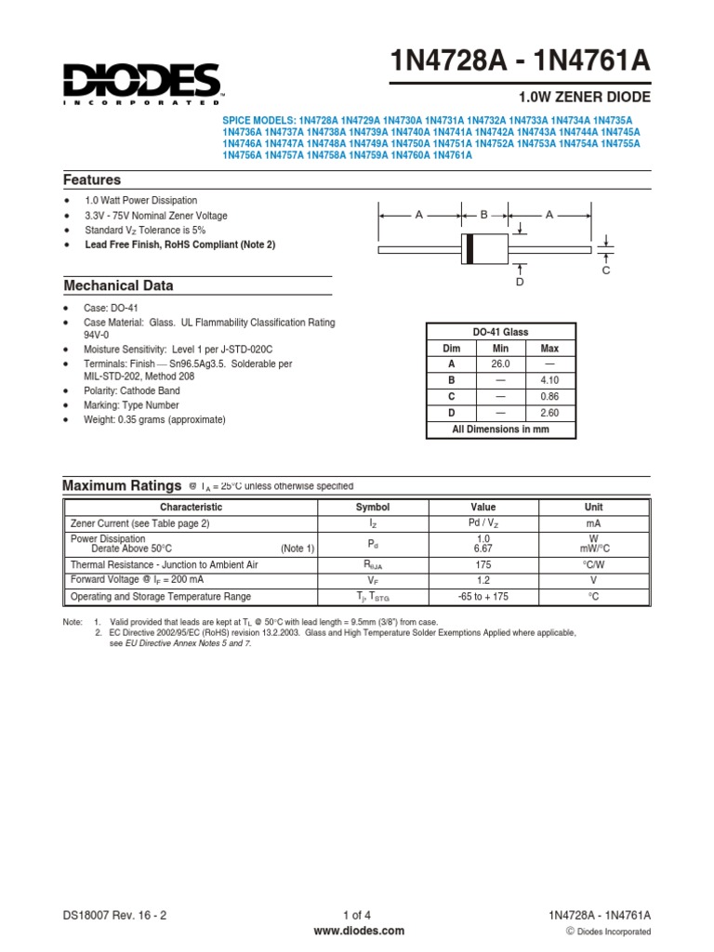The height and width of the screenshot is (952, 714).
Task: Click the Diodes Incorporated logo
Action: click(142, 83)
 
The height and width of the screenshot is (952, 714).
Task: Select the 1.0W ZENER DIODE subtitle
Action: click(582, 97)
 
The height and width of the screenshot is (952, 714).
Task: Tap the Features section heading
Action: click(92, 179)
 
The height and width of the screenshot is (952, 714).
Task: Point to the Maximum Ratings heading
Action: click(121, 485)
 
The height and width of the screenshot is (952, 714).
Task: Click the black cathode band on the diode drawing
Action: click(470, 249)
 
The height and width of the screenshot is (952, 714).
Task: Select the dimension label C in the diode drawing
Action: click(605, 270)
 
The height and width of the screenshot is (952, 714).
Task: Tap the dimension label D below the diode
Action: click(520, 281)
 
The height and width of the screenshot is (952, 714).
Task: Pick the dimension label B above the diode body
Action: click(483, 215)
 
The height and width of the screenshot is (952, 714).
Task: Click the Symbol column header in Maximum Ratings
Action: click(373, 508)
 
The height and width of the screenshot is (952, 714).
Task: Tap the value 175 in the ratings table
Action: click(483, 564)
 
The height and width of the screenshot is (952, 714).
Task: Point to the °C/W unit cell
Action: click(593, 564)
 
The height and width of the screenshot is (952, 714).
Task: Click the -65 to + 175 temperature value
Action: click(483, 597)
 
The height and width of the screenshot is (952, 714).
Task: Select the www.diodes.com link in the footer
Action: click(357, 930)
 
